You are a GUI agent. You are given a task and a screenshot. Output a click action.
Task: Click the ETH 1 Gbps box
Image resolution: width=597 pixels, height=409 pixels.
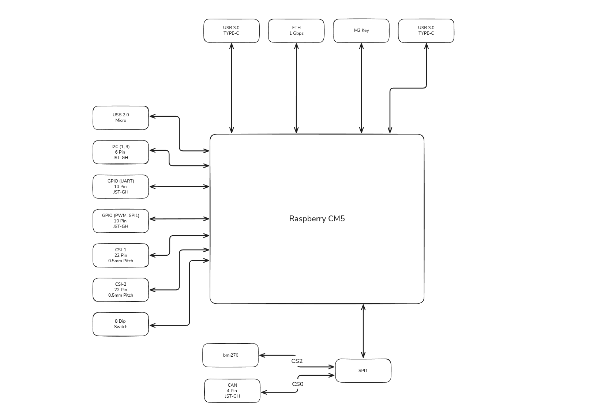(x=296, y=31)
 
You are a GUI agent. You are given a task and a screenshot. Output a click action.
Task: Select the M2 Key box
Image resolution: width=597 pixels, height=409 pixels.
(x=361, y=31)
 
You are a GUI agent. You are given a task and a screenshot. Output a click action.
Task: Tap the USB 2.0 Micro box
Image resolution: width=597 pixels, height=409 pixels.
(x=121, y=118)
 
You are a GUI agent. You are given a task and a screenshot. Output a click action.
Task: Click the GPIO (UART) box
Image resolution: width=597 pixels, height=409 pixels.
(x=121, y=187)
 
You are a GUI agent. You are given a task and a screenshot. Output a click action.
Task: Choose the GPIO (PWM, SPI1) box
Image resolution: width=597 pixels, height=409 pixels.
(x=121, y=221)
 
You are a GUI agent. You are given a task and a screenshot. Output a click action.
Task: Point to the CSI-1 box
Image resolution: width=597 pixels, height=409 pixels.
(x=121, y=255)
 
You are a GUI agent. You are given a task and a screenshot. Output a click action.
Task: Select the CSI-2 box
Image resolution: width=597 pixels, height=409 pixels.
(x=121, y=290)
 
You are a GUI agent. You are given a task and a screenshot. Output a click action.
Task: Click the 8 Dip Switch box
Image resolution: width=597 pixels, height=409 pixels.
(x=121, y=324)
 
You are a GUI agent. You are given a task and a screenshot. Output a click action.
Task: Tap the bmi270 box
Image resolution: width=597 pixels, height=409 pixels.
(x=230, y=355)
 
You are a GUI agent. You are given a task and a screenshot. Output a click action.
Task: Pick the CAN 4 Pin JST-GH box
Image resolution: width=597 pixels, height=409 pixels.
(x=232, y=391)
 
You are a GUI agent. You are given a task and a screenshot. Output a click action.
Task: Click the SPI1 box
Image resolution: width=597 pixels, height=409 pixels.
(x=363, y=371)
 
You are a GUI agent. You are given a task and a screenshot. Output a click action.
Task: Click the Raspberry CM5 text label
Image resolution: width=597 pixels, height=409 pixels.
(x=317, y=219)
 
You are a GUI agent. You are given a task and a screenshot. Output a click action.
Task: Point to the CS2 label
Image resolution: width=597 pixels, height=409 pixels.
(x=297, y=361)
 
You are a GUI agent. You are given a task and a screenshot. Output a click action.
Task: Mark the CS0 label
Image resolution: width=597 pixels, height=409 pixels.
(x=298, y=384)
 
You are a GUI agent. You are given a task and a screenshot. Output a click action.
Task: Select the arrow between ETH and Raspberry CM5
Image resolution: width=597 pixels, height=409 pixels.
(x=296, y=88)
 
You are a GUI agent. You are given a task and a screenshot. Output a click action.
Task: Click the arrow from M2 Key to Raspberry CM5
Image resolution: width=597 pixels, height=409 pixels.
(x=361, y=88)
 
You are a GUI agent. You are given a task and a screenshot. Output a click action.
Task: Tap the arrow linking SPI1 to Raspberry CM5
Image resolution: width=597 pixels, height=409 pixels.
(x=363, y=331)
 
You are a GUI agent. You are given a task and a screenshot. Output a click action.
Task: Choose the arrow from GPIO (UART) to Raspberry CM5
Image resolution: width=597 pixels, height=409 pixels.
(x=179, y=187)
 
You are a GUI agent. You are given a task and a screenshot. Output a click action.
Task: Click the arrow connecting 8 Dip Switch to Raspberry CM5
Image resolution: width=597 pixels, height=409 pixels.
(x=189, y=293)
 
